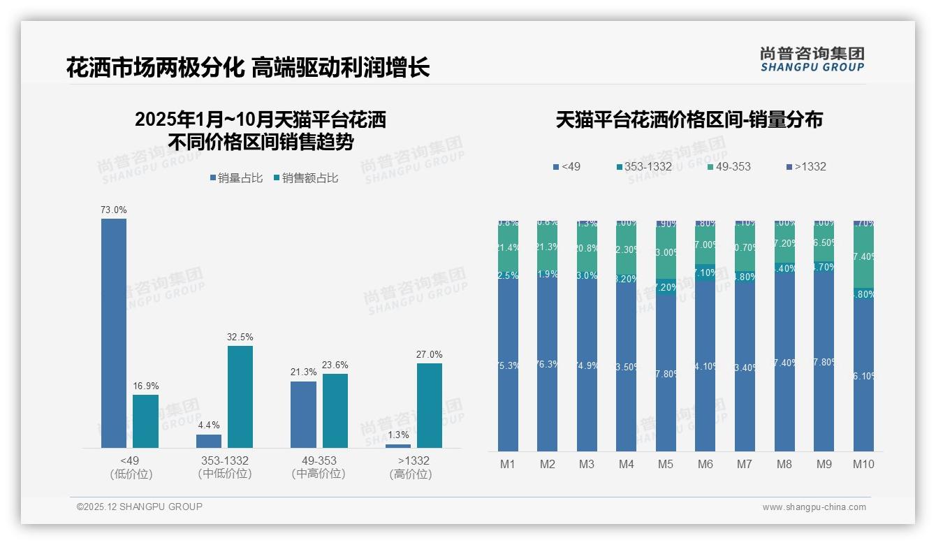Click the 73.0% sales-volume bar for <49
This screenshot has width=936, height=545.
coord(114,333)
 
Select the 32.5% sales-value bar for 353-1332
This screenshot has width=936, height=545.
coord(240,396)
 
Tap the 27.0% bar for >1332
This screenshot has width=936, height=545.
coord(429,405)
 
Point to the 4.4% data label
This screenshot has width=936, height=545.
coord(209,425)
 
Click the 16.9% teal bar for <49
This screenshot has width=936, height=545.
coord(145,421)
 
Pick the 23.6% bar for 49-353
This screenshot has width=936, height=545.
coord(335,410)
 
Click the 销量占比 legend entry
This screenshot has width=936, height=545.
coord(236,178)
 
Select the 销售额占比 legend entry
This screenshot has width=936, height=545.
coord(306,178)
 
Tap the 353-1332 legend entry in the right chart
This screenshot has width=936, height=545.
coord(643,166)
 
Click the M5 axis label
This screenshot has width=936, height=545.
coord(665,464)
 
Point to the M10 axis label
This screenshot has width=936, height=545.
coord(863,464)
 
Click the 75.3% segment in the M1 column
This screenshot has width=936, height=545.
coord(508,365)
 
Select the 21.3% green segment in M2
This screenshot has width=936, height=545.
coord(547,247)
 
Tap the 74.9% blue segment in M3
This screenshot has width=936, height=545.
coord(587,365)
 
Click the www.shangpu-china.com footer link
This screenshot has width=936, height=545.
coord(814,507)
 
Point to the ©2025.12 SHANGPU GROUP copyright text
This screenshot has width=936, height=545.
coord(140,507)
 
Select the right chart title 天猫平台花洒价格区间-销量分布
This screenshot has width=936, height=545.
coord(689,120)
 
